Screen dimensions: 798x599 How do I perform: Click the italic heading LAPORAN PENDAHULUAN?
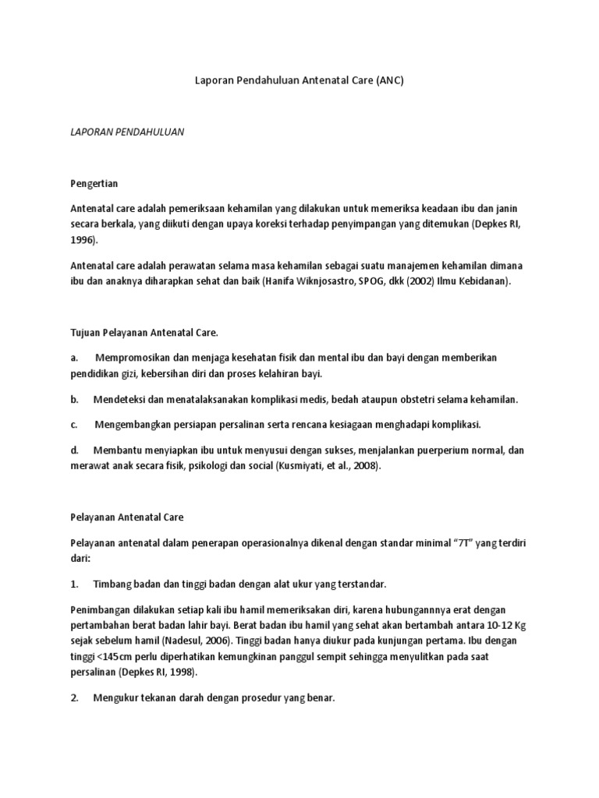coord(126,132)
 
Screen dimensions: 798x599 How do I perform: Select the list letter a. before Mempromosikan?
coord(74,357)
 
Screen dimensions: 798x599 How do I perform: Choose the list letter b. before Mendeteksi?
coord(75,399)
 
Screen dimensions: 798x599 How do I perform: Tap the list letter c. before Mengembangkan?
coord(74,424)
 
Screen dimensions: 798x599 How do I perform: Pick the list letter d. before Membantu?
coord(75,450)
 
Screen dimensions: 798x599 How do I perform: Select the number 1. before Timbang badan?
coord(75,584)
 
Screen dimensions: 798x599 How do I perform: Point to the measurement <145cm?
coord(119,657)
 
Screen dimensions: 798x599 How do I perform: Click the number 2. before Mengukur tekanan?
coord(75,698)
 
